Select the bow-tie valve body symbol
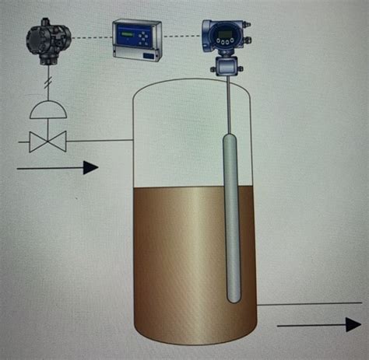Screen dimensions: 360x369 47,141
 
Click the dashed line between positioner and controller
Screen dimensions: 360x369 91,38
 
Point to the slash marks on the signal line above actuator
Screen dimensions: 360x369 47,81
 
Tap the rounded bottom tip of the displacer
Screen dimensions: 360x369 233,298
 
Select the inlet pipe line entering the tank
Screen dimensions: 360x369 101,141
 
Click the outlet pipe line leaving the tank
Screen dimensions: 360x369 304,305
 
